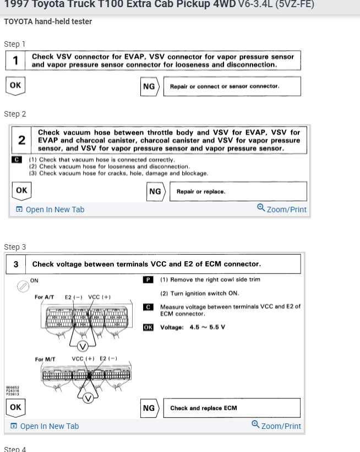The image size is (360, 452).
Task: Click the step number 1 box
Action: click(16, 60)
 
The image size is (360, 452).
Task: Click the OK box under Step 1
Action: click(15, 86)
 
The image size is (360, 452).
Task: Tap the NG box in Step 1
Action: click(149, 86)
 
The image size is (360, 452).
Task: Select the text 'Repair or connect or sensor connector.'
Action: click(225, 86)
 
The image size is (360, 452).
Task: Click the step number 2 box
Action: click(21, 140)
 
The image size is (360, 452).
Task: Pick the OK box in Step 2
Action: click(21, 190)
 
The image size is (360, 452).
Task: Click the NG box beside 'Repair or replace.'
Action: click(155, 191)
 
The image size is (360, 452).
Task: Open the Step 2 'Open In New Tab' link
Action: click(50, 210)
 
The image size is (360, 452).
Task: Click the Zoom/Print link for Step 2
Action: click(282, 210)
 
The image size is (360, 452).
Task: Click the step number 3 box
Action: click(16, 264)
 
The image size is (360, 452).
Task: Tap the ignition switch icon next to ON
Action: click(23, 286)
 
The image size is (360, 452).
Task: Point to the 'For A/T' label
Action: click(44, 297)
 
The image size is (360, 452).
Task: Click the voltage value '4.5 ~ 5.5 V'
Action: click(207, 327)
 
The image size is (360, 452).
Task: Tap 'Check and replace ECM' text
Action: click(204, 408)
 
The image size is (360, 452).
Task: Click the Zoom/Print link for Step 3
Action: click(276, 426)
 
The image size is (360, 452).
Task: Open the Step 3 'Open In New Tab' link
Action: click(45, 426)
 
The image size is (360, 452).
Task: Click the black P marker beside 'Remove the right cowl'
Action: click(148, 280)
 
